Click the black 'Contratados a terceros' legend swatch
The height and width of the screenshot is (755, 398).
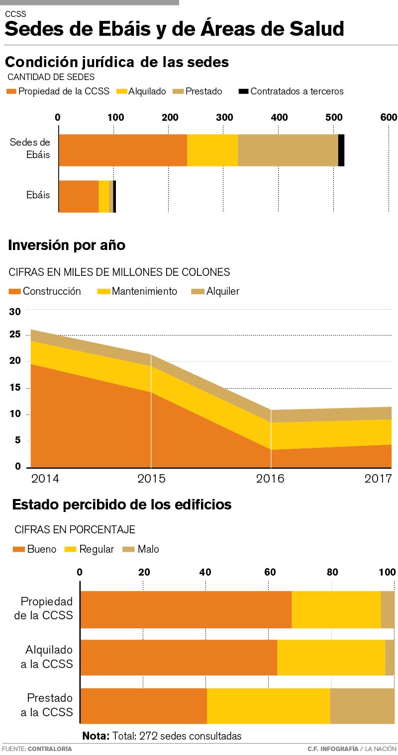[243, 91]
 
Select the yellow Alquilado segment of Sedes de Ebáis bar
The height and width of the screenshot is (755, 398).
[212, 150]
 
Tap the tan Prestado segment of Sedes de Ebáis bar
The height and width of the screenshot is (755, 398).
[288, 150]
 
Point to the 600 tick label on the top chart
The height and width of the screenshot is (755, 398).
[389, 117]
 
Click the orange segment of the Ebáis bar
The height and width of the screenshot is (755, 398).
[79, 196]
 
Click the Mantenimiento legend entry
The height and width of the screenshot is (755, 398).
[137, 291]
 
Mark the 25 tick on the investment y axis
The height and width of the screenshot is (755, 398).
[15, 335]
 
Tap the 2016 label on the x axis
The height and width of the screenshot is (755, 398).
[270, 479]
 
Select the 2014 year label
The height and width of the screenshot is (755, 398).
[45, 479]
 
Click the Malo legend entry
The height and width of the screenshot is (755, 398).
[142, 549]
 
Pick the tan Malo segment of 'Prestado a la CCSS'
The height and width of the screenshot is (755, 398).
[362, 706]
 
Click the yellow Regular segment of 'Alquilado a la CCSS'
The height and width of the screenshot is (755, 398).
[331, 658]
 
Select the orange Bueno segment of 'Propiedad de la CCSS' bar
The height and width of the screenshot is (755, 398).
[186, 609]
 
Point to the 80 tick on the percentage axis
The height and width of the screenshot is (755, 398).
[332, 572]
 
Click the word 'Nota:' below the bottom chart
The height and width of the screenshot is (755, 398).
[96, 736]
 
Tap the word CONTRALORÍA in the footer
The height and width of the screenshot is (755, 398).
[50, 749]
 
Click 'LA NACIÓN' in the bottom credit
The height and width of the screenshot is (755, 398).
[382, 749]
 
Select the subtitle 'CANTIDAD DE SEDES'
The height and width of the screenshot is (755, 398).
[51, 77]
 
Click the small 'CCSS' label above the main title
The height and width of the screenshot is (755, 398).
[15, 14]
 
